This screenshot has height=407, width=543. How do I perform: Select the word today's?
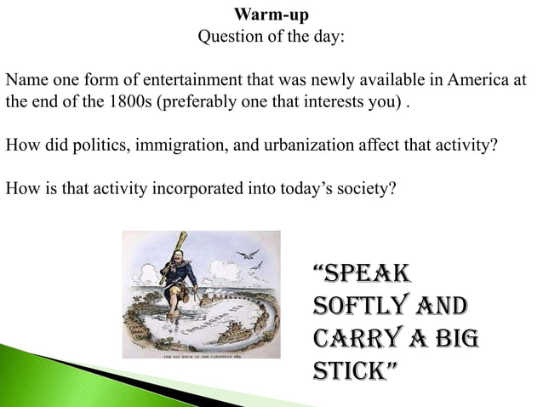click(x=281, y=188)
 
